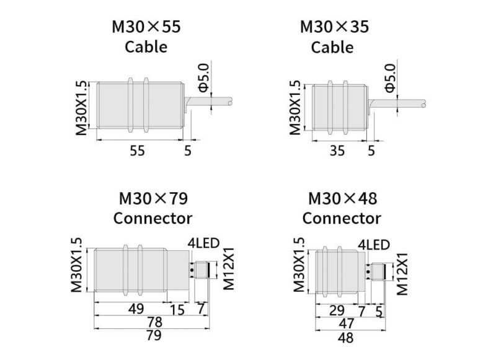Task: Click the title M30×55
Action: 146,27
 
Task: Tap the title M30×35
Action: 334,27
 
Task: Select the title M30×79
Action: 153,199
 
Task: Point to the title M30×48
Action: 342,199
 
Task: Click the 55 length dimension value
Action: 137,151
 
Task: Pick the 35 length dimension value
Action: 337,151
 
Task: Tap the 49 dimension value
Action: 136,309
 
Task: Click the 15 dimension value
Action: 177,310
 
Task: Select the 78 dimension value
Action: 154,322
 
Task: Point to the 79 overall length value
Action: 154,335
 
